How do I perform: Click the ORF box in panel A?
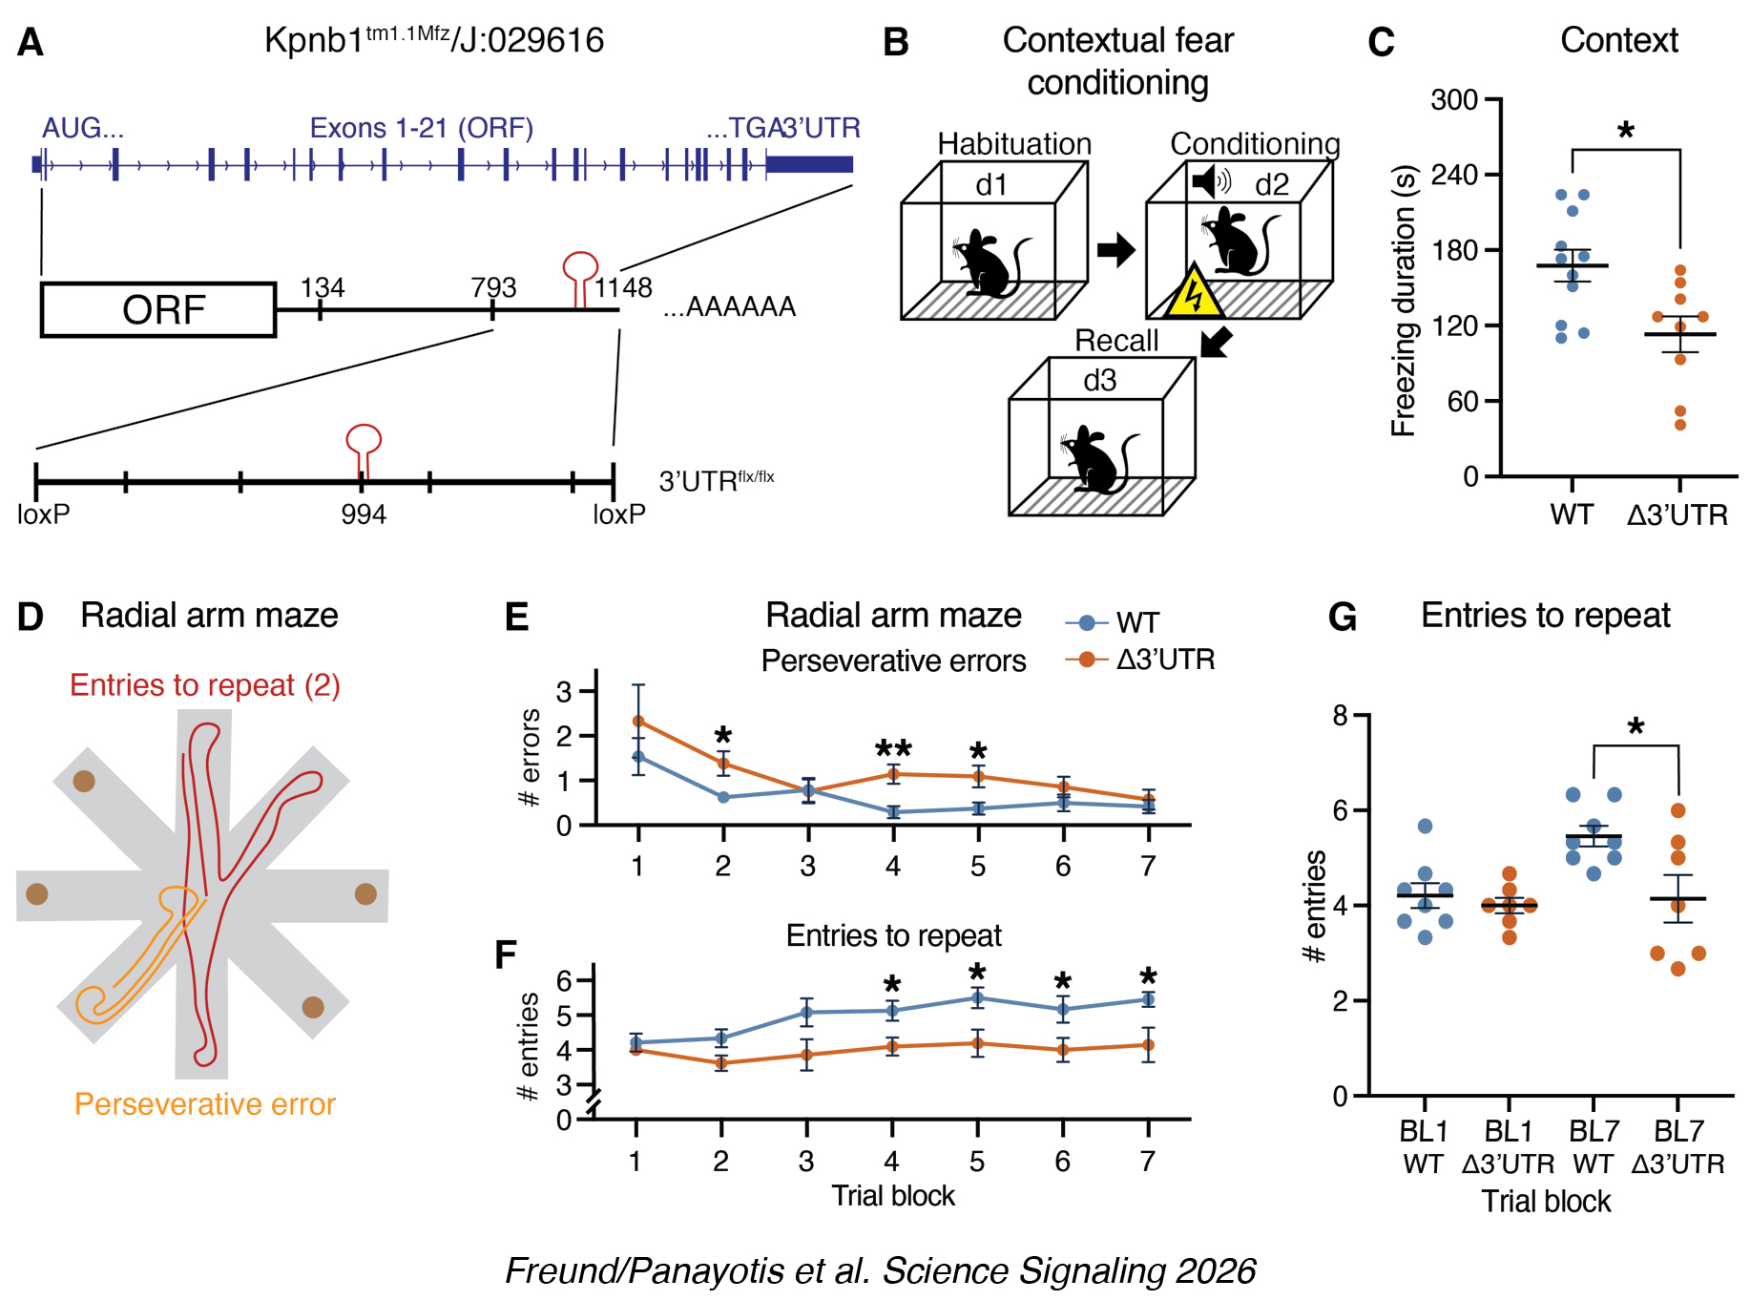point(158,309)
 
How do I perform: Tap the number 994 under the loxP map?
point(364,515)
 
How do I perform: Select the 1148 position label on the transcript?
point(623,287)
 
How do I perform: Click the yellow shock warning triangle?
point(1193,294)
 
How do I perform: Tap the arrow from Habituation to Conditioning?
point(1115,251)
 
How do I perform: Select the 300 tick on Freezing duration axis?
point(1454,100)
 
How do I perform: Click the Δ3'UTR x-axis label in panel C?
point(1677,515)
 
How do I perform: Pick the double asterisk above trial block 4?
point(893,750)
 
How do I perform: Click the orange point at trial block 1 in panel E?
point(638,722)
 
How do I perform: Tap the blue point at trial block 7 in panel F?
point(1148,999)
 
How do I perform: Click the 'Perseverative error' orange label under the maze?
point(205,1104)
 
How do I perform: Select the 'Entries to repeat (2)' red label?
point(205,685)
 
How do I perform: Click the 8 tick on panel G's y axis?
point(1341,715)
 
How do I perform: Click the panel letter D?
point(31,617)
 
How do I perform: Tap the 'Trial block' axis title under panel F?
point(893,1196)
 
